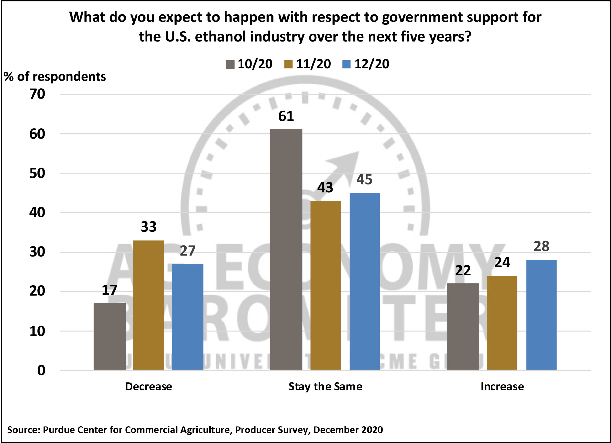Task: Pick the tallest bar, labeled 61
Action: point(286,249)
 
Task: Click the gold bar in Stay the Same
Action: point(326,285)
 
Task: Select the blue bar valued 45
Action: point(364,281)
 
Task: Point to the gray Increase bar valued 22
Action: point(463,327)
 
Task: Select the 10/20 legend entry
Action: point(249,64)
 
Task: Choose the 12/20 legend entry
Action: point(366,64)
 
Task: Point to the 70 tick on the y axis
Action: point(37,94)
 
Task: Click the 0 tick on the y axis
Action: point(41,370)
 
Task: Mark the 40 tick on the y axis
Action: point(37,213)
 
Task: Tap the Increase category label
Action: point(502,387)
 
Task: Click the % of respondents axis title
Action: point(55,77)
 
